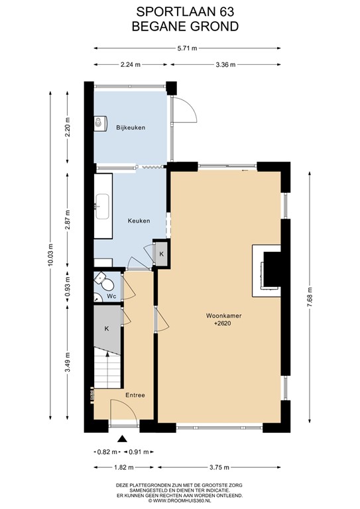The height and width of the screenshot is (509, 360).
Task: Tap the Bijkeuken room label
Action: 130,127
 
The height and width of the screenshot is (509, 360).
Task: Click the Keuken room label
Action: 139,221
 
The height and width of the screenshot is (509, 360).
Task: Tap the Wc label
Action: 112,296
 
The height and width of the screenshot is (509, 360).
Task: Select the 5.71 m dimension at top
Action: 186,48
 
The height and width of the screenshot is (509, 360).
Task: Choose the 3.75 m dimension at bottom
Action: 220,467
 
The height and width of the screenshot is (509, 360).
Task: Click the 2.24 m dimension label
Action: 130,64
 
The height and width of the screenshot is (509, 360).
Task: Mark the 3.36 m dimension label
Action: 225,64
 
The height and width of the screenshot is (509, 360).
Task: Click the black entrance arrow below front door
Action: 122,438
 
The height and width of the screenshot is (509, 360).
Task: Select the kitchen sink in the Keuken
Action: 102,206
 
